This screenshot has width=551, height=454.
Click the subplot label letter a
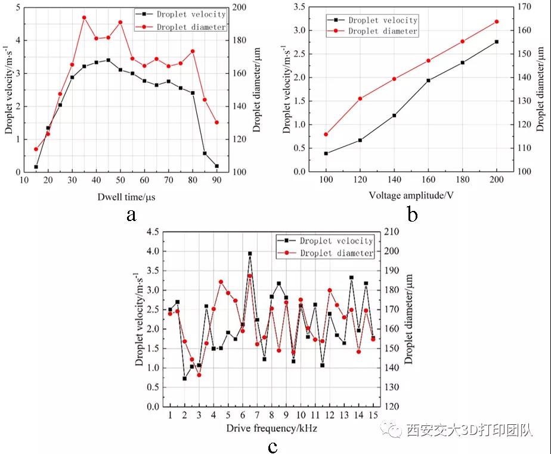click(132, 214)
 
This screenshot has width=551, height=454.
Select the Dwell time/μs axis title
click(128, 196)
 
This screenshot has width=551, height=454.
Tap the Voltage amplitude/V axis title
click(411, 195)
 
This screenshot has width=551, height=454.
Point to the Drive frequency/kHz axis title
click(272, 428)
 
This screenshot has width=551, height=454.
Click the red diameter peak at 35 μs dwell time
click(84, 17)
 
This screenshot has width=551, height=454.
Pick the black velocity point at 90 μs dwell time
click(216, 166)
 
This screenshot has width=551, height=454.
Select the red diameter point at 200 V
click(497, 21)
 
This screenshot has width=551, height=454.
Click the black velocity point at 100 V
click(326, 153)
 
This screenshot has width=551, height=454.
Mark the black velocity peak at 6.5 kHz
click(250, 253)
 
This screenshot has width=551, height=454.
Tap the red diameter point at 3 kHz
click(199, 375)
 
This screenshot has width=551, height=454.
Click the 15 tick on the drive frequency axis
click(373, 415)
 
